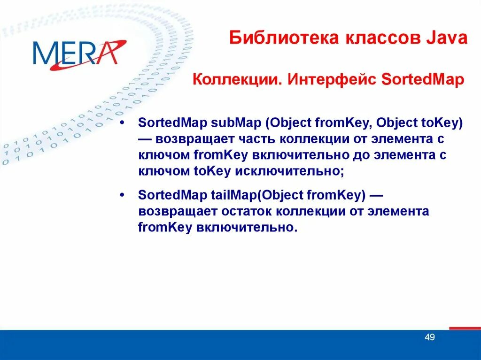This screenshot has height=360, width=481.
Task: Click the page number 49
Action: pyautogui.click(x=429, y=337)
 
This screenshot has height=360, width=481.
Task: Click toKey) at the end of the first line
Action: pyautogui.click(x=441, y=123)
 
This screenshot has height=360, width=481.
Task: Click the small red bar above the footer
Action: pyautogui.click(x=465, y=328)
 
